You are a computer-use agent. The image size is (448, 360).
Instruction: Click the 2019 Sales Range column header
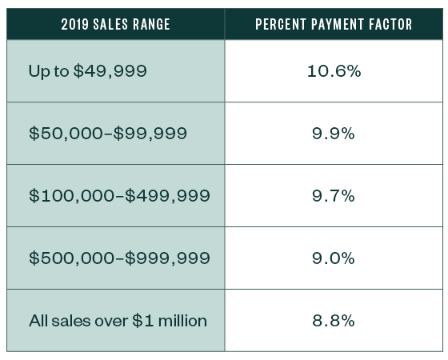115,24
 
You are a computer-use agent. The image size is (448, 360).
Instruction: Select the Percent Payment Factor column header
334,24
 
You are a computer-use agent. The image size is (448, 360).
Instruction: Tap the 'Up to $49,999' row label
87,71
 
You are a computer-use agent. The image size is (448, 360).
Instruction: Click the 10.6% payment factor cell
334,71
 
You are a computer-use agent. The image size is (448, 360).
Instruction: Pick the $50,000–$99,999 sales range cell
108,134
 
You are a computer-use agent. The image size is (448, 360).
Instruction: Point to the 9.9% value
334,134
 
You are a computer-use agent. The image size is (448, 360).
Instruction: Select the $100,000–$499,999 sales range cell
119,196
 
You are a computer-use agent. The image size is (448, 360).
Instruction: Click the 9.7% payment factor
334,196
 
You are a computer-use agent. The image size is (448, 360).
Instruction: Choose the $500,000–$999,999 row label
119,258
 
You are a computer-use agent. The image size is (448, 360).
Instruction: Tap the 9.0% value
334,258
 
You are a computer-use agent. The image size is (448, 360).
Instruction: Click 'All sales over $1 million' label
118,321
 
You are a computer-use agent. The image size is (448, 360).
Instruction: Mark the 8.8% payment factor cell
334,321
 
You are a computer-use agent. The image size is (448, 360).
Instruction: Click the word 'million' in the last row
182,321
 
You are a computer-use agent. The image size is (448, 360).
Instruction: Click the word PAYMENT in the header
334,24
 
